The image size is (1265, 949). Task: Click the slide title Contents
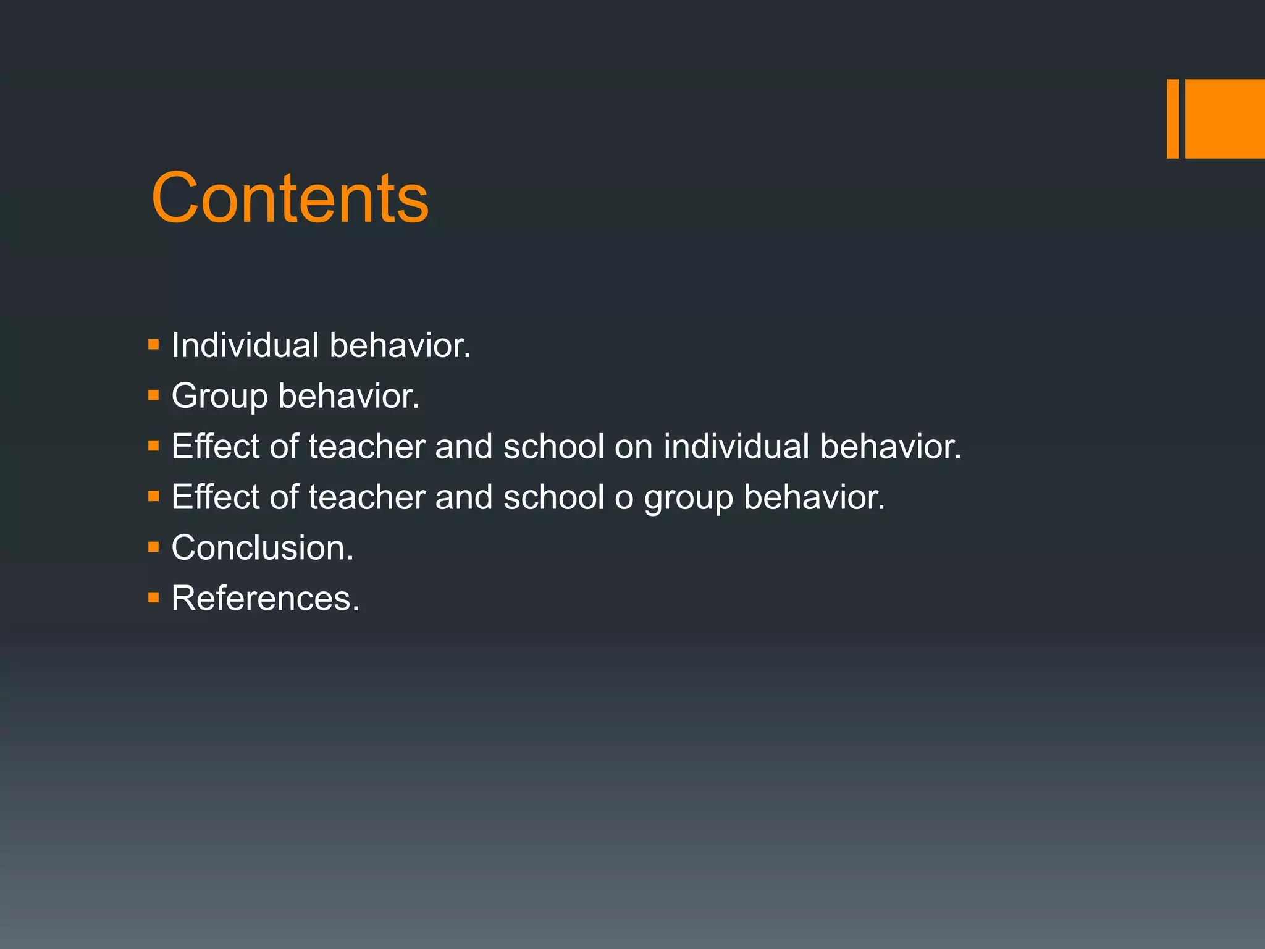(290, 198)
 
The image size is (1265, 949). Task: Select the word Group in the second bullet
(219, 396)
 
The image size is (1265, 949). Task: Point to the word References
(265, 598)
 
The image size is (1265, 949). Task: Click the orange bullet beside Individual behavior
(154, 344)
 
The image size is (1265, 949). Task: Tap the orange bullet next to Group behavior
(154, 395)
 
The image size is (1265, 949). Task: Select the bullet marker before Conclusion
(154, 547)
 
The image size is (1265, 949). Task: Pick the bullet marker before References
(154, 597)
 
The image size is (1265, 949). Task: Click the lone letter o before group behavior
(624, 498)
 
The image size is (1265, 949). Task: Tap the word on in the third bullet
(634, 447)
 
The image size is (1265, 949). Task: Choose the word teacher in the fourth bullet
(367, 497)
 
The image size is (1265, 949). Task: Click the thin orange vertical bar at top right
(1172, 119)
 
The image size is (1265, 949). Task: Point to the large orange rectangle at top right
(1225, 119)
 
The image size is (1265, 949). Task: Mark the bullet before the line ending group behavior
(154, 496)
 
